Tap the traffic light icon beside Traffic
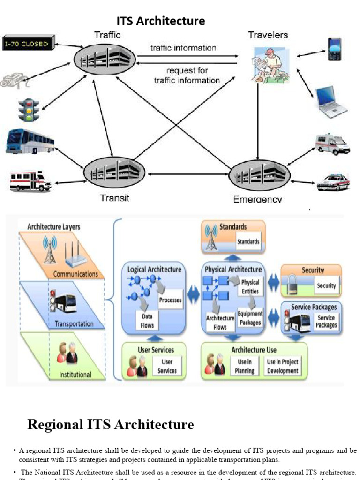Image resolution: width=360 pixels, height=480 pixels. point(28,110)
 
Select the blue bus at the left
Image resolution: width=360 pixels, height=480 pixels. point(30,141)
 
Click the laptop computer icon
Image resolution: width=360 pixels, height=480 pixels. point(331,102)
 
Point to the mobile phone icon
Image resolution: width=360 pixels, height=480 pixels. point(334,50)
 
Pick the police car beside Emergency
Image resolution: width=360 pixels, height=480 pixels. point(333,182)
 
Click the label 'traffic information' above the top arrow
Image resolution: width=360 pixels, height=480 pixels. point(183,48)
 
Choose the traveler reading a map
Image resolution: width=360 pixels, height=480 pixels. point(268,66)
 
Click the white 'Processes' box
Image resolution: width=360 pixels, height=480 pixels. point(170,300)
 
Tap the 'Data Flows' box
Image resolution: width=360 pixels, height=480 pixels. point(147,321)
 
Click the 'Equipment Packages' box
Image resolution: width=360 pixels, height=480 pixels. point(250,318)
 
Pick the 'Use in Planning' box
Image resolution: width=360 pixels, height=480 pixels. point(245,366)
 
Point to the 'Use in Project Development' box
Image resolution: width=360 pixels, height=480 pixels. point(283,366)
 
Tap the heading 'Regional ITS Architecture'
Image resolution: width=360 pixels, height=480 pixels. point(111,425)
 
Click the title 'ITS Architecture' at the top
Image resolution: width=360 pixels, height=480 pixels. point(161,21)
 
